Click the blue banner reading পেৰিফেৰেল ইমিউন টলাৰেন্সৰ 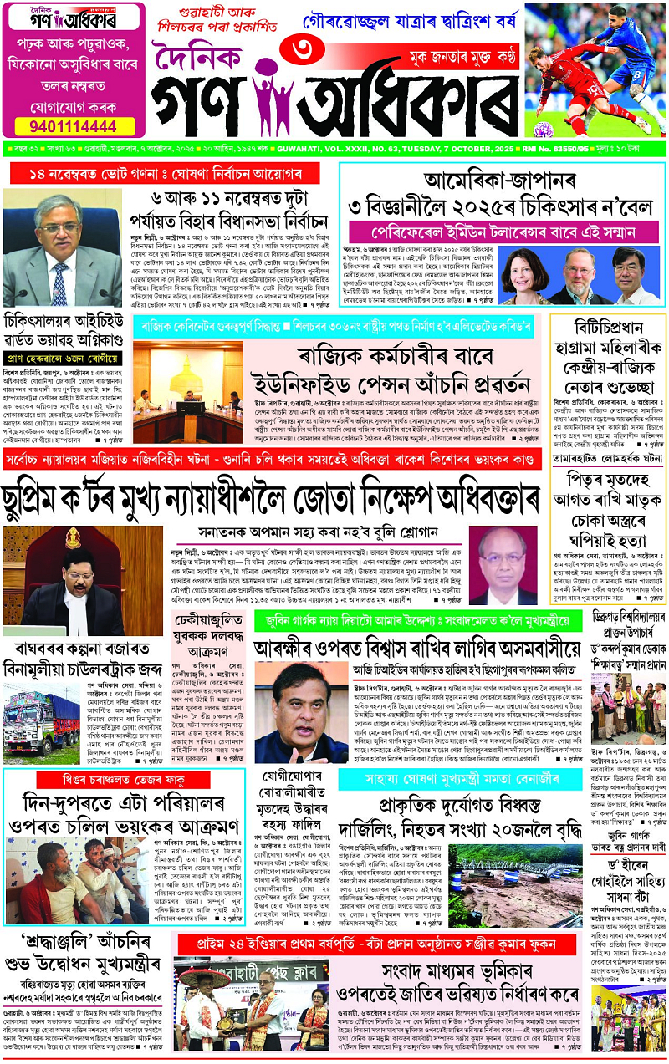click(502, 228)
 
